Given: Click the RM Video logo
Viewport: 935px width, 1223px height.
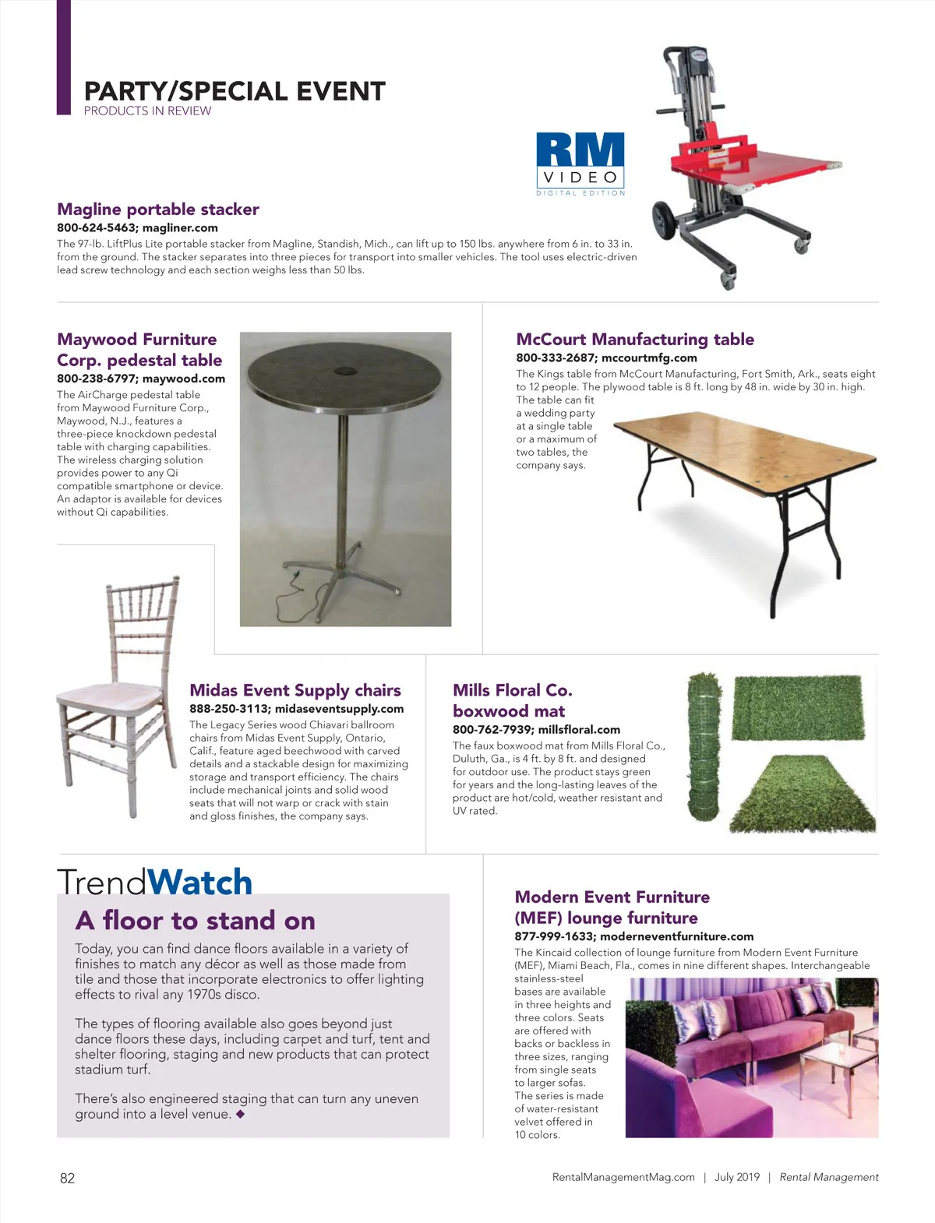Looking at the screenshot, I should pyautogui.click(x=580, y=162).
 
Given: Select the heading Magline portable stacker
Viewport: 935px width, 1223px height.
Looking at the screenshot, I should pyautogui.click(x=158, y=209).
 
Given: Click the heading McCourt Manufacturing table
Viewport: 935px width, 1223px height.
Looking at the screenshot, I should pyautogui.click(x=635, y=339).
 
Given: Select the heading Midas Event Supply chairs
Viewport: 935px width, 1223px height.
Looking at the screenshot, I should pyautogui.click(x=295, y=690).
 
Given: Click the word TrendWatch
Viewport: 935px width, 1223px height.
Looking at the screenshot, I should pyautogui.click(x=155, y=882).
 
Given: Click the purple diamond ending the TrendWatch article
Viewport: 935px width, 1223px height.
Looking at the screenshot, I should pyautogui.click(x=240, y=1114).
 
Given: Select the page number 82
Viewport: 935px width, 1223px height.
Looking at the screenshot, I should pyautogui.click(x=68, y=1178).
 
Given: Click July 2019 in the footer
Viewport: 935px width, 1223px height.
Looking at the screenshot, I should pyautogui.click(x=736, y=1177).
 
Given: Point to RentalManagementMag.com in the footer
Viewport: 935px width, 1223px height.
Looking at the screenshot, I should pyautogui.click(x=623, y=1177).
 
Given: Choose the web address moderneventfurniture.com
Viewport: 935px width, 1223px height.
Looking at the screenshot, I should pyautogui.click(x=677, y=936).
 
